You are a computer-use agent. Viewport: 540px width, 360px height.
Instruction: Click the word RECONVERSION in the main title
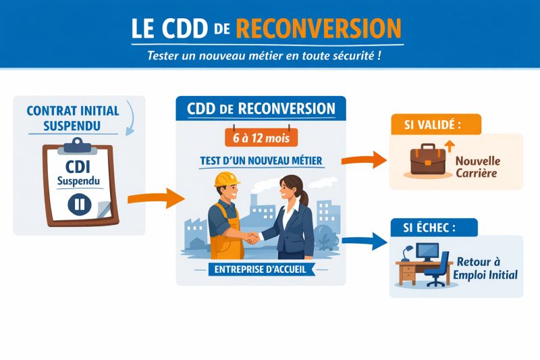coord(319,28)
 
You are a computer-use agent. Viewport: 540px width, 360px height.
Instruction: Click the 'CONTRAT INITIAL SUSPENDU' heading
coord(72,118)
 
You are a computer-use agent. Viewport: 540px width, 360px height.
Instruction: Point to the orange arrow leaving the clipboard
coord(155,198)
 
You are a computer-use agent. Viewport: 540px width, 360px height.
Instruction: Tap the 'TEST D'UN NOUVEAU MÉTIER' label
coord(261,161)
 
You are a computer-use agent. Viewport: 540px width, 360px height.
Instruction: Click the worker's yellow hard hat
coord(227,179)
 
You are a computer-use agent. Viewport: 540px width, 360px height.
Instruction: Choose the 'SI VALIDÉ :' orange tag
coord(435,124)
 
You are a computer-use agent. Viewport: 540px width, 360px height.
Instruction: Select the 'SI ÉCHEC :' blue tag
coord(433,228)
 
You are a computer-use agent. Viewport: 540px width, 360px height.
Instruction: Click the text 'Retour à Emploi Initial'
coord(485,267)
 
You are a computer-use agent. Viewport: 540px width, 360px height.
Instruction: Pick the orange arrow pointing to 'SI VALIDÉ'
coord(364,161)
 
